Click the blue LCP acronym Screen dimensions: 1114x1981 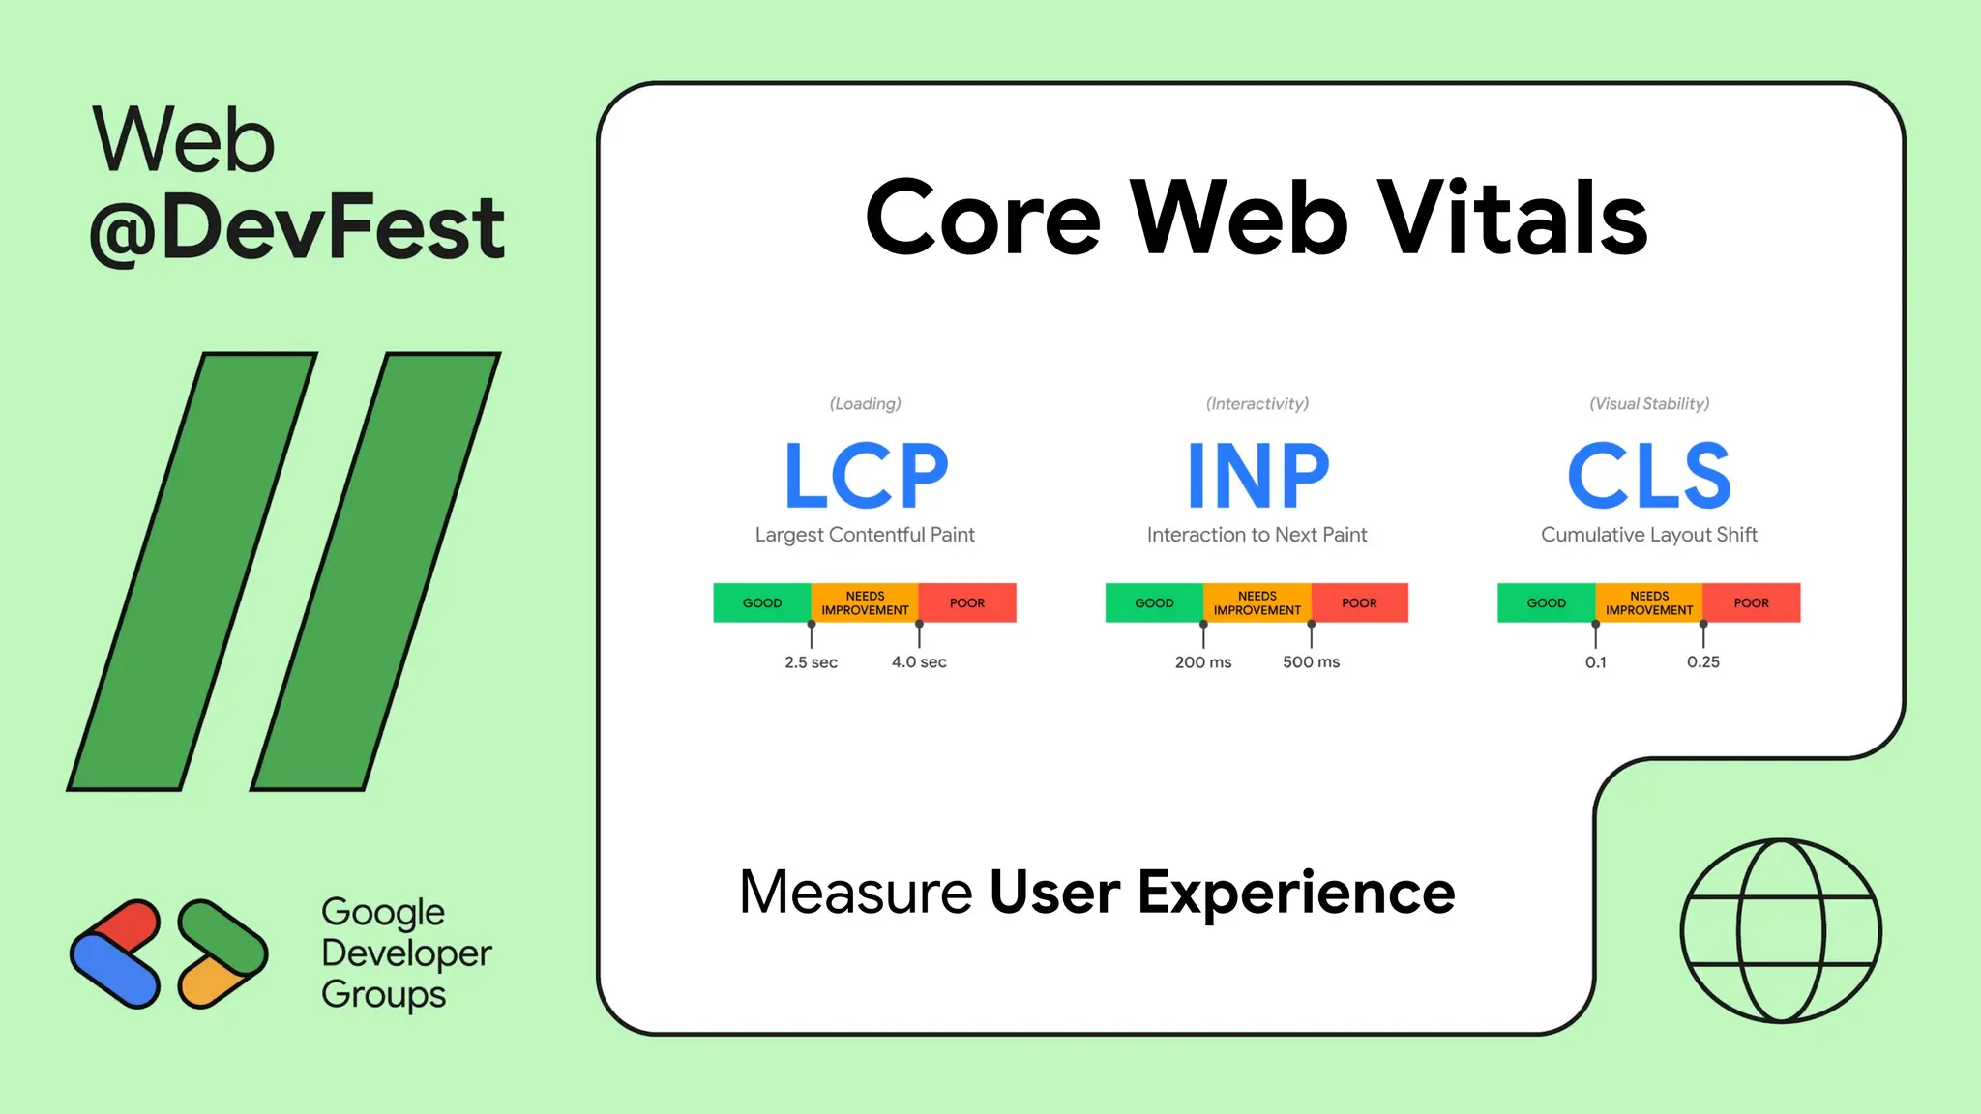(866, 475)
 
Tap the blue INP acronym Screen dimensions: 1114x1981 (1257, 475)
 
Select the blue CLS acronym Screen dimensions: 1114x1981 (1649, 475)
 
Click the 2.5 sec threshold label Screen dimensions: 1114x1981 (811, 662)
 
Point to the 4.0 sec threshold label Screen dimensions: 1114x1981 (919, 662)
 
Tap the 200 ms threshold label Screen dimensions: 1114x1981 (1203, 662)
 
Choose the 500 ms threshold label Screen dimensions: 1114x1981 (1311, 662)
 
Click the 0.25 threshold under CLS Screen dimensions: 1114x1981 (1703, 662)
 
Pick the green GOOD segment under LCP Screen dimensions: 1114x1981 (762, 602)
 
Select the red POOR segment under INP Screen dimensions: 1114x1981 (1359, 602)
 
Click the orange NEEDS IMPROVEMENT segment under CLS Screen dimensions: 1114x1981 (1649, 602)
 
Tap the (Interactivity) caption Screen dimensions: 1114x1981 (1257, 404)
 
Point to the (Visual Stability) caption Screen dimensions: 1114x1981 (1649, 404)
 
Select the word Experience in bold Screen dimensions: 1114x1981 (1296, 892)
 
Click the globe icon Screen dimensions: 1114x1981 (1781, 930)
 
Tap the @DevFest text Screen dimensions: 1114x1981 (297, 227)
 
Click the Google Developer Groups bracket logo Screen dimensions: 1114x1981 (168, 953)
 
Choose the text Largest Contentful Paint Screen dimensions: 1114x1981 (865, 535)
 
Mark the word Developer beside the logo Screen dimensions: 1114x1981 (406, 953)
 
